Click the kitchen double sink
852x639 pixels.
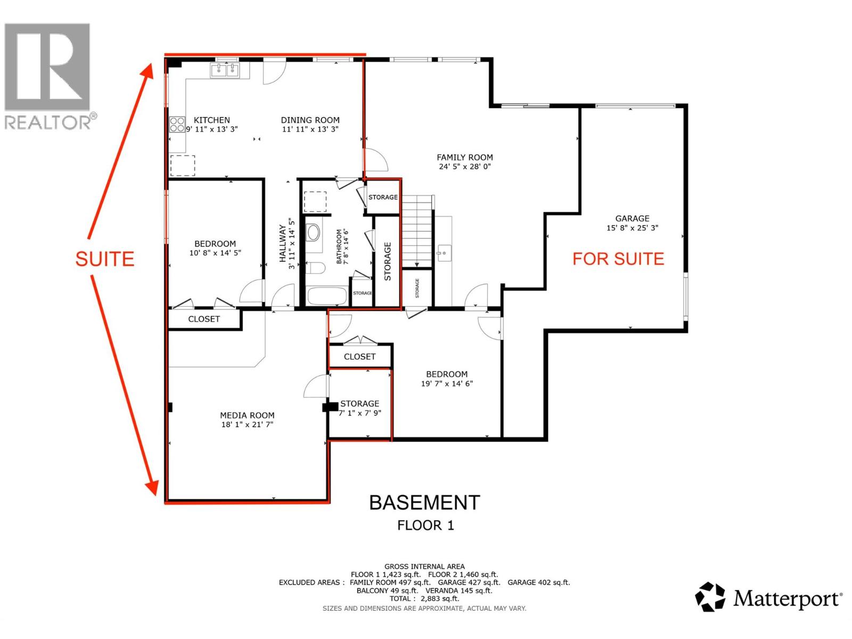click(226, 70)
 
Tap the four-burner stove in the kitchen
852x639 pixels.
click(177, 125)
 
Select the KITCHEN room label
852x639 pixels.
click(211, 120)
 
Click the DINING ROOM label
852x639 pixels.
click(310, 120)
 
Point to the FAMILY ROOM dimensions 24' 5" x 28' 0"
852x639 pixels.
click(464, 167)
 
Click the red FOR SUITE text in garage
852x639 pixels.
click(618, 259)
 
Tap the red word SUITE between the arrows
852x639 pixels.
click(104, 259)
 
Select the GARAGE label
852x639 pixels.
click(632, 218)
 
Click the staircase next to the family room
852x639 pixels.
click(416, 232)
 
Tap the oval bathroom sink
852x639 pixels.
click(314, 233)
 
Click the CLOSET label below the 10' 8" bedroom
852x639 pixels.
click(204, 319)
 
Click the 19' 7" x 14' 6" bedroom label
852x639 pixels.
click(447, 379)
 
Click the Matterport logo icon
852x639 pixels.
click(710, 597)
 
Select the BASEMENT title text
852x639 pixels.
click(424, 503)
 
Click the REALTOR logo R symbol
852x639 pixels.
click(47, 67)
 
